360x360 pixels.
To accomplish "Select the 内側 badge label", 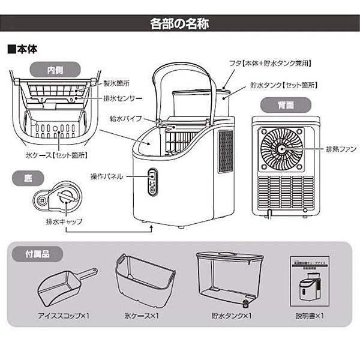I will (59, 69).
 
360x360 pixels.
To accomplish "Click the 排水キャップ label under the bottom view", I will (65, 221).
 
